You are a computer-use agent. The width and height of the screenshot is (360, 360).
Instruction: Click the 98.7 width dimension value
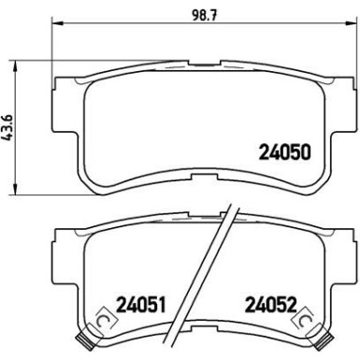tap(205, 14)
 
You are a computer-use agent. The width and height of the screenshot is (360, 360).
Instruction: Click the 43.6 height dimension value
tap(8, 127)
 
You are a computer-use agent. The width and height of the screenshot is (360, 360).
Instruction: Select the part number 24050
tap(285, 152)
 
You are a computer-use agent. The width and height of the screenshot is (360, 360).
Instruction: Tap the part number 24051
tap(140, 304)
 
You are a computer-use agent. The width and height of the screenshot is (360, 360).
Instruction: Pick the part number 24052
tap(271, 304)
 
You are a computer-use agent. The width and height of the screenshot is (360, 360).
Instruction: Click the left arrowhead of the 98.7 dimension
tap(57, 22)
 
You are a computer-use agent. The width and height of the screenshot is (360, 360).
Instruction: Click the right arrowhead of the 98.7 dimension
tap(350, 22)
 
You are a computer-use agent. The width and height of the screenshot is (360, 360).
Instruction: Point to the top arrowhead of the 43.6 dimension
tap(14, 65)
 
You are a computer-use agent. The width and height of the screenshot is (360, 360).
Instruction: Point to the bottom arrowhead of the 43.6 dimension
tap(14, 189)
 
